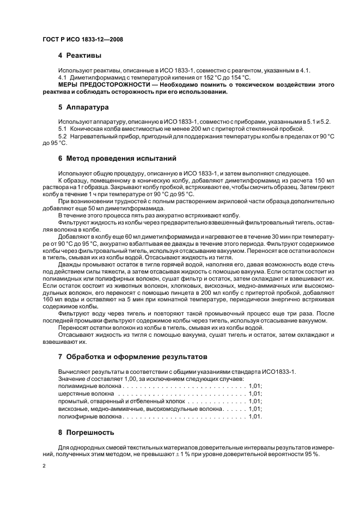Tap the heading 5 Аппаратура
tap(83, 107)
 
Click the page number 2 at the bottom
tap(44, 466)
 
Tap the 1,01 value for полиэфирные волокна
tap(255, 416)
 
